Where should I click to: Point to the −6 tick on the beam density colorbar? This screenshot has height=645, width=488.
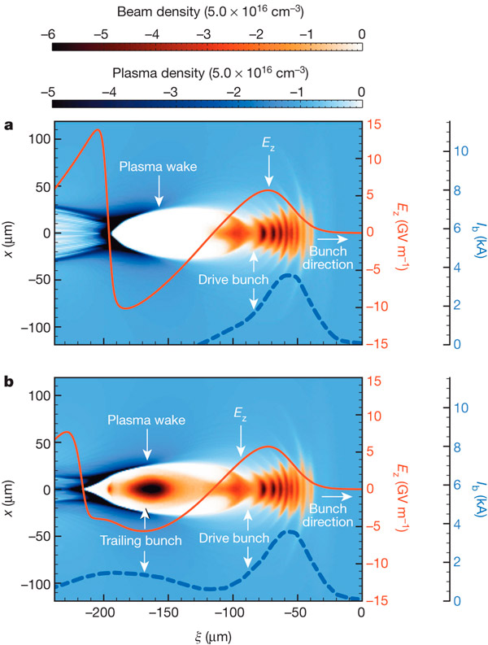54,33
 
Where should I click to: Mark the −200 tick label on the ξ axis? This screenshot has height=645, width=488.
100,612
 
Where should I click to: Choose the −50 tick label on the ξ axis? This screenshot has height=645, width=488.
296,612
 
